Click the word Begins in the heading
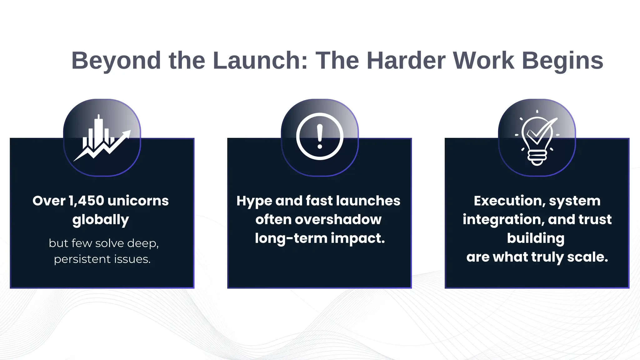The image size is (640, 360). pyautogui.click(x=562, y=61)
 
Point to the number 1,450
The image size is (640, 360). pyautogui.click(x=86, y=201)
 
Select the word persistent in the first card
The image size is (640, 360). pyautogui.click(x=82, y=259)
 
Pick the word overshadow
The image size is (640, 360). pyautogui.click(x=338, y=219)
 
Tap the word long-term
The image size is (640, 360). pyautogui.click(x=291, y=238)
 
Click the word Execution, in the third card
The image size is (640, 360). pyautogui.click(x=509, y=201)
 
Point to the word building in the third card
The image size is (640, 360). pyautogui.click(x=536, y=238)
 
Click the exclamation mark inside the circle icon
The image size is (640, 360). pyautogui.click(x=320, y=136)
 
